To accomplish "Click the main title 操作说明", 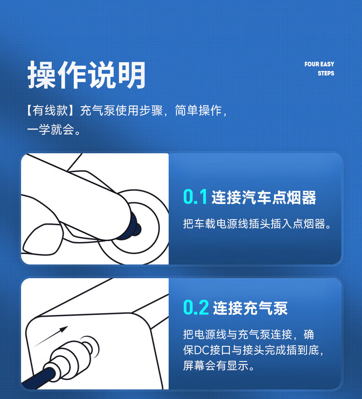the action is point(86,75).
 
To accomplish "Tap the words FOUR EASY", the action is point(319,64).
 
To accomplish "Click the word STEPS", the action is point(326,73).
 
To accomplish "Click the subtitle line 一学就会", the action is point(51,129).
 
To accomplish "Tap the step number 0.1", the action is point(195,197).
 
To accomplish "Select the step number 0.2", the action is point(196,307).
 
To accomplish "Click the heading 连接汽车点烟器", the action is point(263,198).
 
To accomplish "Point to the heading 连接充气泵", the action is point(250,308).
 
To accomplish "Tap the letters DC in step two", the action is point(202,350).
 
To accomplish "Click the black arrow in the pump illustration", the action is point(51,336).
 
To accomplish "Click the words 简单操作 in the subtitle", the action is point(198,111).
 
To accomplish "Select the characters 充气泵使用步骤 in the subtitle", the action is point(121,111).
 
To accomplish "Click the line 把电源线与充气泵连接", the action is point(237,334).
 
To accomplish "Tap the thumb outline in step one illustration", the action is point(42,239).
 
